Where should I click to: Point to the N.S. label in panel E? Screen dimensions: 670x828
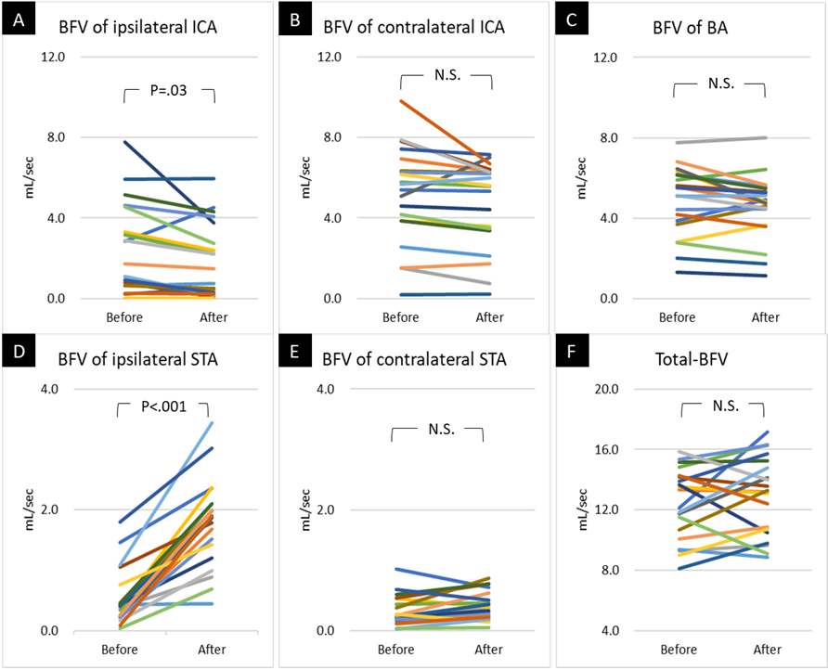(x=437, y=429)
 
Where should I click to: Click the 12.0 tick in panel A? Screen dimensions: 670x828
(x=79, y=58)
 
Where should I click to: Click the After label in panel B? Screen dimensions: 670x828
(x=488, y=317)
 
